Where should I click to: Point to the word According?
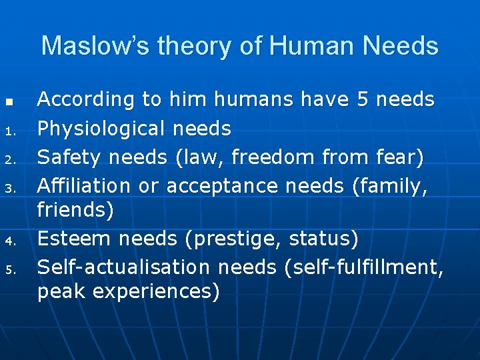click(x=86, y=99)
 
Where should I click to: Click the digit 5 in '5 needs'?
click(x=363, y=99)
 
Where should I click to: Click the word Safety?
click(x=69, y=157)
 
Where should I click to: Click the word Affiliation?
click(x=85, y=186)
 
